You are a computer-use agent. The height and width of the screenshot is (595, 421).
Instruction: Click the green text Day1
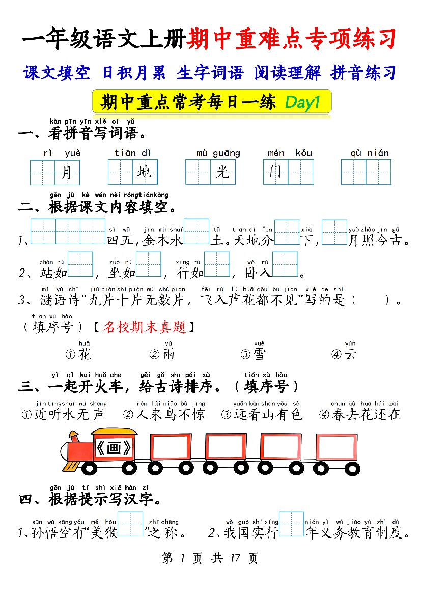(x=302, y=102)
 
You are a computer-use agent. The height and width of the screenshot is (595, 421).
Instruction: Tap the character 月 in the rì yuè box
(x=67, y=172)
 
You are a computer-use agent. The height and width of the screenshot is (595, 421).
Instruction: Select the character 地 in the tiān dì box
(x=144, y=172)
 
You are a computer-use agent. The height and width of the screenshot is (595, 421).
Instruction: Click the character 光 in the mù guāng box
(x=222, y=172)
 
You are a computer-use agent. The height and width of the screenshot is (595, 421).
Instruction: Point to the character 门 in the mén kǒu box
(x=275, y=172)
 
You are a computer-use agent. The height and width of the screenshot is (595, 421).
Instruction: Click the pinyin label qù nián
(x=370, y=153)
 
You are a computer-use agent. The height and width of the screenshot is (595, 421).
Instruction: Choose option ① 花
(x=78, y=354)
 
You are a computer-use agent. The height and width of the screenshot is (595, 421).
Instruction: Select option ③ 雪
(x=253, y=354)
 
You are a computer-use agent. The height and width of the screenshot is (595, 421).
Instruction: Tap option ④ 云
(x=344, y=354)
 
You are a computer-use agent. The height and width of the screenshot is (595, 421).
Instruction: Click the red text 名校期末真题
(x=144, y=327)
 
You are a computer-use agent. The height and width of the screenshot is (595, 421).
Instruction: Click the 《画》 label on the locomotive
(x=114, y=448)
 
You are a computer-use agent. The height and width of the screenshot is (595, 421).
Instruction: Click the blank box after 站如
(x=80, y=265)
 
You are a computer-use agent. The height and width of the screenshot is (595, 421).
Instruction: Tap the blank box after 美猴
(x=130, y=524)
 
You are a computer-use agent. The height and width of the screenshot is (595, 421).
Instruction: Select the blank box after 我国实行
(x=292, y=524)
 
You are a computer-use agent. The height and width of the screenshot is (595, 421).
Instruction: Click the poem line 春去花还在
(x=366, y=414)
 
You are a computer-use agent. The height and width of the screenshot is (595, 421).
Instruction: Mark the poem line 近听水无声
(x=69, y=414)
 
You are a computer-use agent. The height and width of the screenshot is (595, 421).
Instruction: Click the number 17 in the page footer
(x=235, y=558)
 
